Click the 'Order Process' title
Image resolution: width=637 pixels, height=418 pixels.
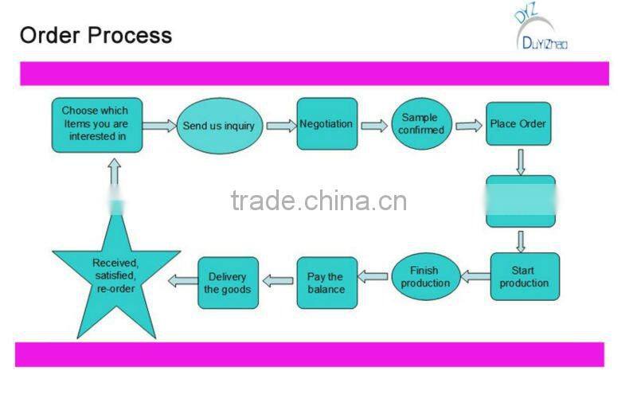(96, 35)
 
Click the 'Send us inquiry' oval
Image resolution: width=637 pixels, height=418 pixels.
(219, 125)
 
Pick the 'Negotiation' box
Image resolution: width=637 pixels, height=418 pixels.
(326, 123)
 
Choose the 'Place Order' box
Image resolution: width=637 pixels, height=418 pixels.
(518, 123)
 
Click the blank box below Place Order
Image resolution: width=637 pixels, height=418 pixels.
(521, 201)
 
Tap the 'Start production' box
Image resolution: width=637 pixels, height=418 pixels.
(524, 276)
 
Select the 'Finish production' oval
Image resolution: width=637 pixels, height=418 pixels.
(425, 276)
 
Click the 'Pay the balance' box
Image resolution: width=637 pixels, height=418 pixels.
(326, 283)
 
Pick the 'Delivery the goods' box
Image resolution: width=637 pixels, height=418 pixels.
(229, 283)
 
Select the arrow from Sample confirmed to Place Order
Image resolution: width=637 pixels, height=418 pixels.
(468, 125)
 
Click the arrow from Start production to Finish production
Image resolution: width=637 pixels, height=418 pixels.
(475, 277)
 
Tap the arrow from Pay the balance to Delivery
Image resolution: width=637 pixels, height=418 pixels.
(278, 280)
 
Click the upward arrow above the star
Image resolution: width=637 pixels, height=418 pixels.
(115, 174)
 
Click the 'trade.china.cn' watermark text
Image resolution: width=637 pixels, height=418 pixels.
(318, 200)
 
